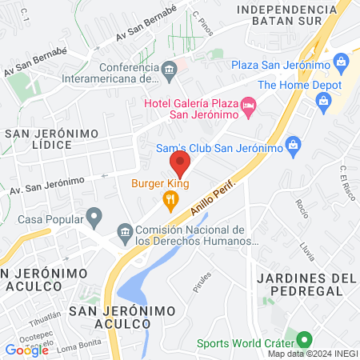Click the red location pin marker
coord(180,164)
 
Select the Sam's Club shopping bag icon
coord(293,145)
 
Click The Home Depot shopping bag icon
coord(323,100)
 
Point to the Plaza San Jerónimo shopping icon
coord(342,62)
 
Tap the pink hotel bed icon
coord(249,105)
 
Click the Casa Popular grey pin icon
coord(94,216)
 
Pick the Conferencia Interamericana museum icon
coord(169,72)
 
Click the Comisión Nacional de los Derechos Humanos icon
coord(124,233)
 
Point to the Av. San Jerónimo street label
coord(46,186)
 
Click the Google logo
coord(26,349)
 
